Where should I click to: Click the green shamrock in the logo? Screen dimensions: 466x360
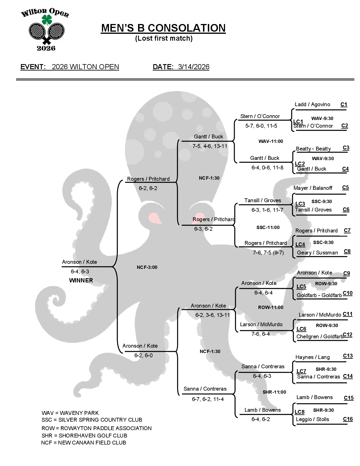point(47,20)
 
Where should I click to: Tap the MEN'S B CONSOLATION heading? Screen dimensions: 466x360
point(163,28)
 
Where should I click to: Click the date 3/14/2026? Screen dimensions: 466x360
point(193,67)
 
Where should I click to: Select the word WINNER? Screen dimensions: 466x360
point(81,280)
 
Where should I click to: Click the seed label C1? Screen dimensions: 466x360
point(344,104)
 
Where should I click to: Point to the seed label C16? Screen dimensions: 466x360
point(348,419)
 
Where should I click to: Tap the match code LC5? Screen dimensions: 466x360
point(301,286)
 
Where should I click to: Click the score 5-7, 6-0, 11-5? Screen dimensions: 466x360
point(261,126)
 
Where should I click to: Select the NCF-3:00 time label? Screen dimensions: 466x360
point(147,267)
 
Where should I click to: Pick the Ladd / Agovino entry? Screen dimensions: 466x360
point(312,104)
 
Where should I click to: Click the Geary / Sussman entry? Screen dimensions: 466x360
point(317,253)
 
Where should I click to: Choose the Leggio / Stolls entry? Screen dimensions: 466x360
point(313,419)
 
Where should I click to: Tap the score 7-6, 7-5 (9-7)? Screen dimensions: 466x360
point(268,253)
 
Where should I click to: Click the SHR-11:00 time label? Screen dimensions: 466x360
point(274,392)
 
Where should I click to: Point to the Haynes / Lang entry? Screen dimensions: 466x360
point(313,357)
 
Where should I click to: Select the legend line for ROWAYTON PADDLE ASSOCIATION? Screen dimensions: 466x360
point(97,428)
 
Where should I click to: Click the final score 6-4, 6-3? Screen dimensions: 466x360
point(80,272)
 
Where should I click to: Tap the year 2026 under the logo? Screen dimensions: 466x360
point(46,48)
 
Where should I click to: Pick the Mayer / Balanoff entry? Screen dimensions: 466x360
point(313,188)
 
